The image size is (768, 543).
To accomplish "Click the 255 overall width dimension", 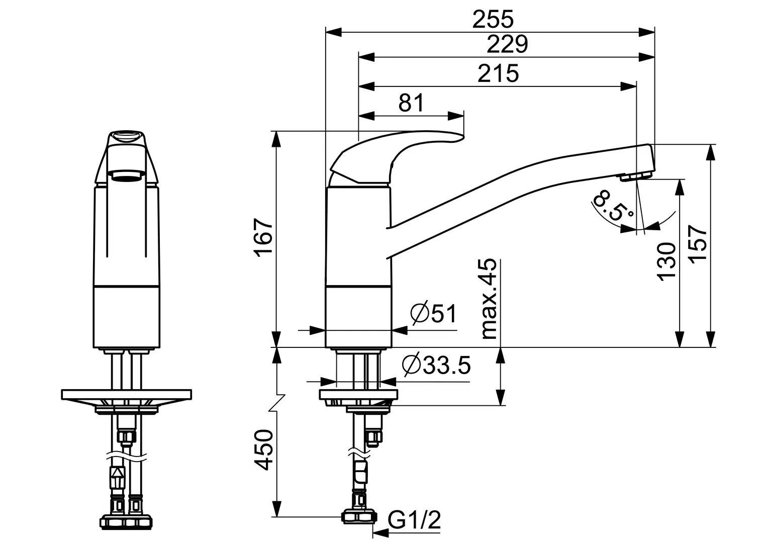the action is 493,20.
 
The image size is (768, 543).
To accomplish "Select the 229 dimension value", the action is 508,44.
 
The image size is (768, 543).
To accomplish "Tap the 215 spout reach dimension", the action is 498,73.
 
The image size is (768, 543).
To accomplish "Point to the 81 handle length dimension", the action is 411,103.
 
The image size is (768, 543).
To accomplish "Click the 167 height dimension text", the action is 263,237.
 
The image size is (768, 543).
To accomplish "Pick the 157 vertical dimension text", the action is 697,244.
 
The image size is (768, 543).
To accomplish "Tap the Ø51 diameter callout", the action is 433,313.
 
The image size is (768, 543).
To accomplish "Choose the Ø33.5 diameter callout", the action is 436,365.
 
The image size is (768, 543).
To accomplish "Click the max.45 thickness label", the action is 489,299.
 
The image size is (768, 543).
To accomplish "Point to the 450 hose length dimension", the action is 263,449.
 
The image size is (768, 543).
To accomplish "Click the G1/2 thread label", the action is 414,520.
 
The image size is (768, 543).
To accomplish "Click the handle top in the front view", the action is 127,138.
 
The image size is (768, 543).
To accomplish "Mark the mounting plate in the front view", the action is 127,395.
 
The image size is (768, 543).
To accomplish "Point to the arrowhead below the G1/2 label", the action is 380,533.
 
